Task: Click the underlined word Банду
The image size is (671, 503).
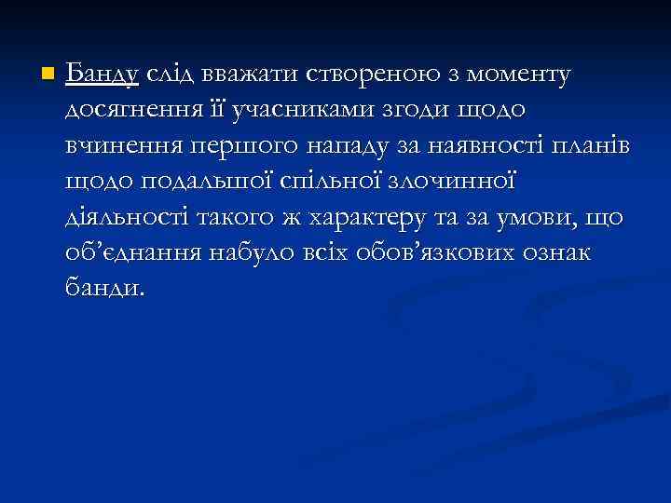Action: (x=103, y=74)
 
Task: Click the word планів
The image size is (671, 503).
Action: (x=588, y=145)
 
